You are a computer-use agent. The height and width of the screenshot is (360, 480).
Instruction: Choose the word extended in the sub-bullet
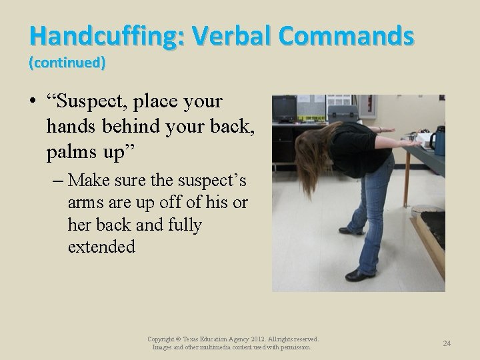[101, 247]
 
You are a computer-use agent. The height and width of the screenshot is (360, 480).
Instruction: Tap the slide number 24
[447, 343]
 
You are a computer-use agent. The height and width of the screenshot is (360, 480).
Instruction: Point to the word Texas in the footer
[185, 339]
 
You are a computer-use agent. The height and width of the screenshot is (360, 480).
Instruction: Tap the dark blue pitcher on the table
[438, 141]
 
